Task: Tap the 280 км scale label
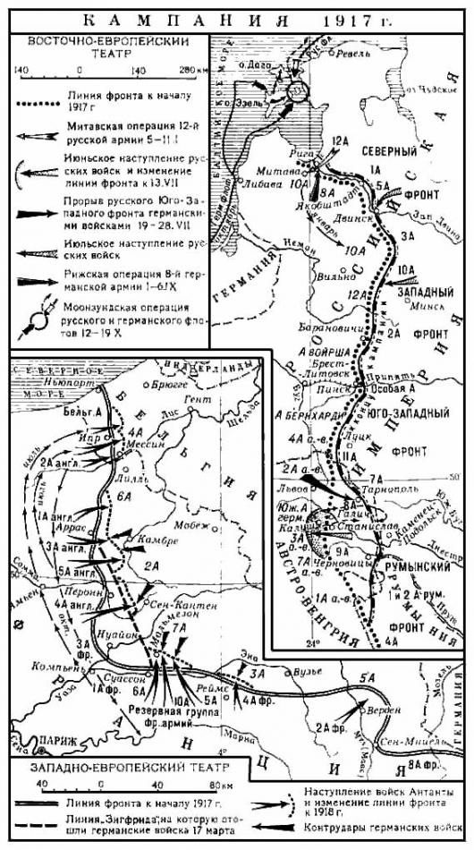[191, 69]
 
